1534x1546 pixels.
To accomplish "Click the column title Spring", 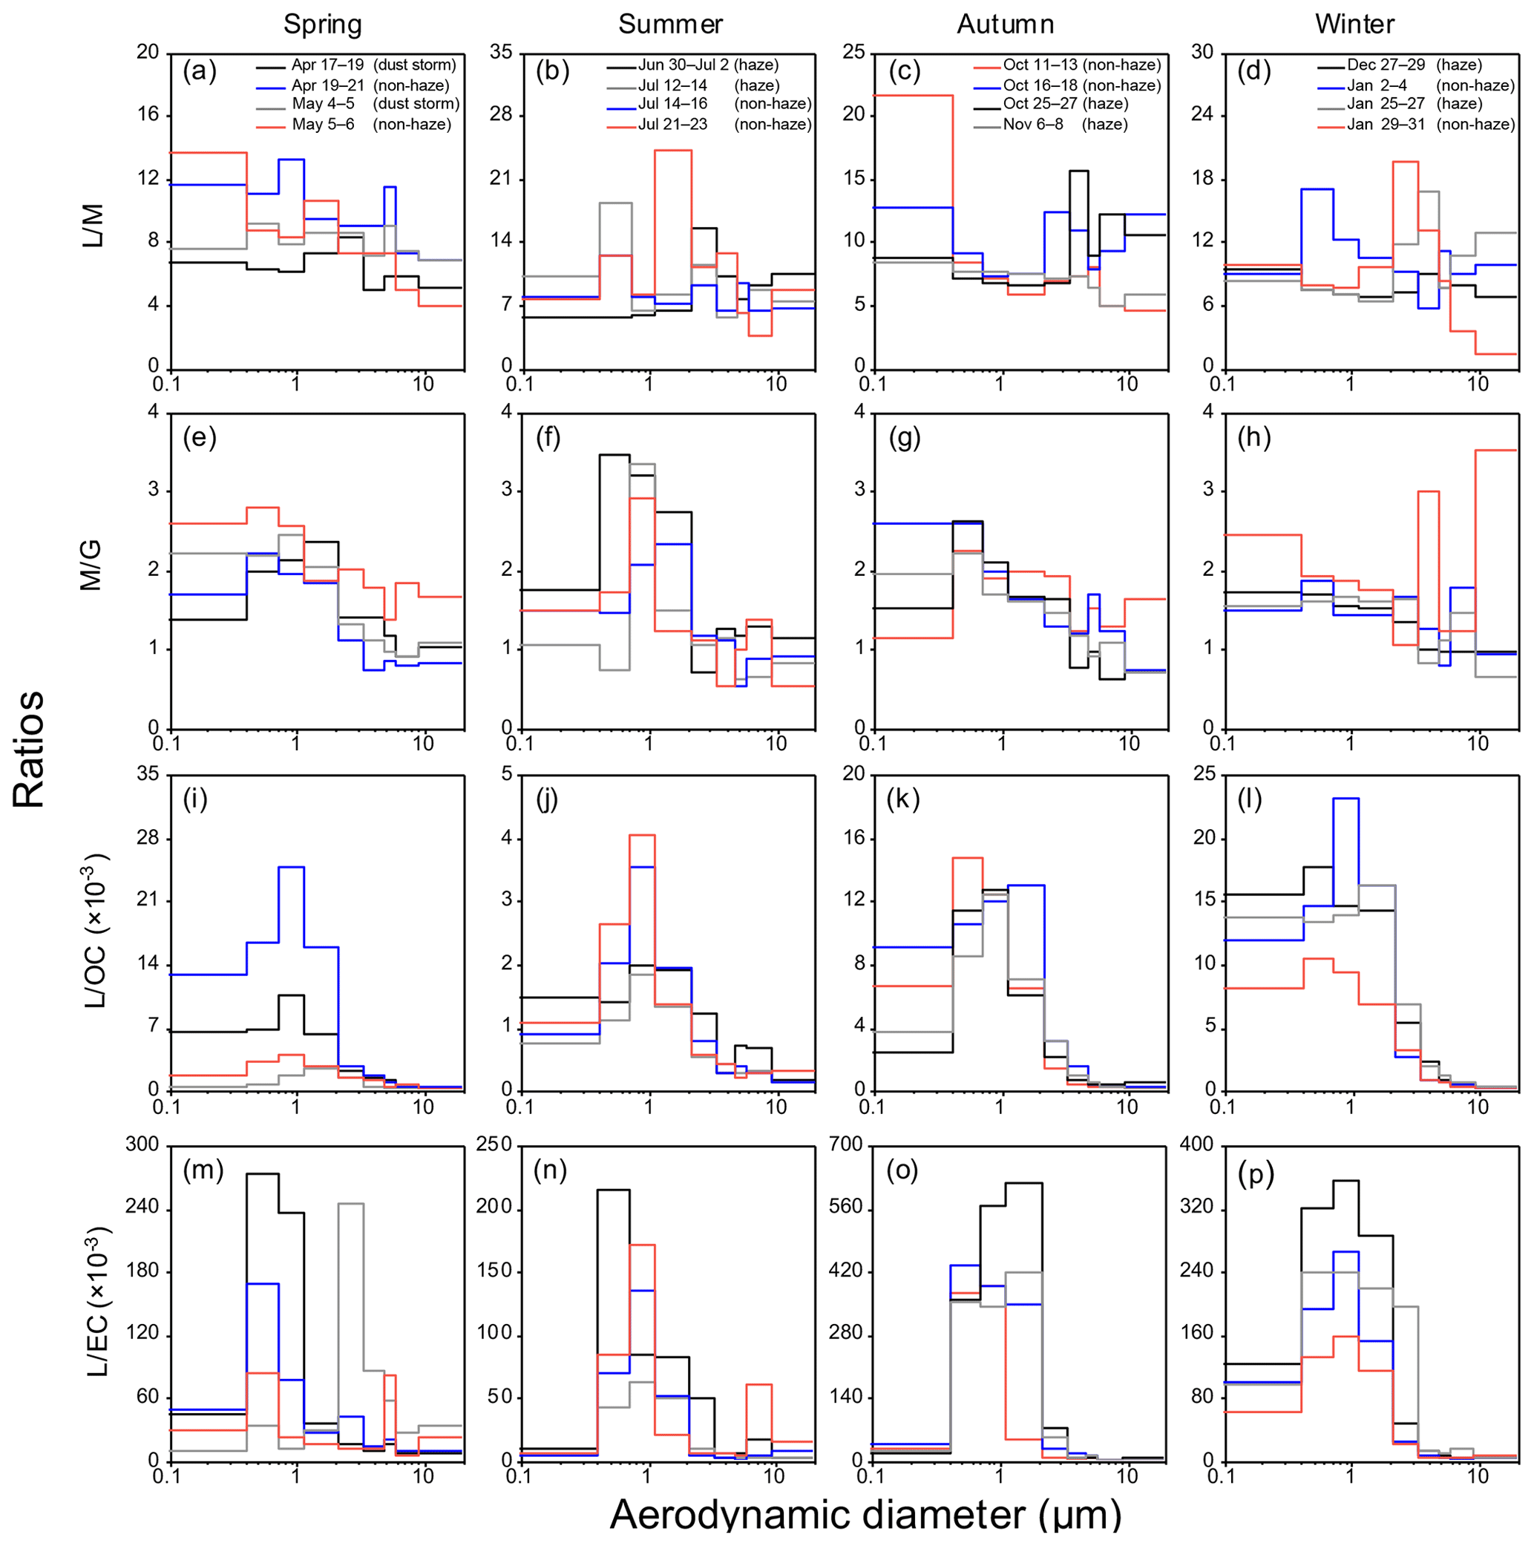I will [323, 24].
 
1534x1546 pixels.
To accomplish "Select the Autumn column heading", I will [1005, 24].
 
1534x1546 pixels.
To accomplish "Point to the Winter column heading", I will [1354, 24].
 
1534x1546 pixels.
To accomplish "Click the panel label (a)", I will [199, 72].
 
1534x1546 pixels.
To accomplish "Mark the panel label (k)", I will [903, 799].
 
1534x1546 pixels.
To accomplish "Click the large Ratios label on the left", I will [29, 749].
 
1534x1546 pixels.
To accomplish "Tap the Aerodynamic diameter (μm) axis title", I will [865, 1515].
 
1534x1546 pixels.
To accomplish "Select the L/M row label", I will [94, 226].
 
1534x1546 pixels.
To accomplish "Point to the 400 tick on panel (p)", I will [1197, 1145].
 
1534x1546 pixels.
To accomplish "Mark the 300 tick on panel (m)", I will [142, 1145].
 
